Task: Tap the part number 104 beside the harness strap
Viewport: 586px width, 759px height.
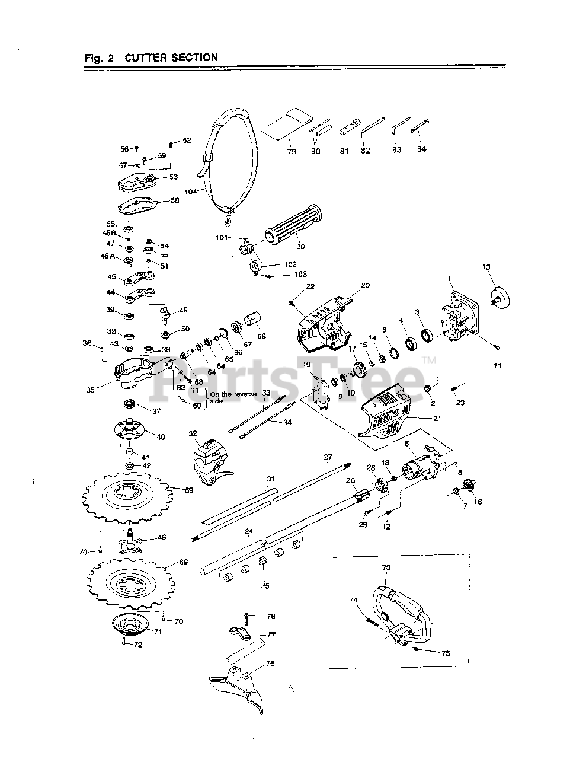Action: click(x=190, y=192)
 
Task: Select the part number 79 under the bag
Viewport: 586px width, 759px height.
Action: click(x=291, y=151)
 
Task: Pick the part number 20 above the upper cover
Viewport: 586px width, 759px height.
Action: click(x=365, y=285)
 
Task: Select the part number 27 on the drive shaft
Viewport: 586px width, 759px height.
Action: click(x=328, y=457)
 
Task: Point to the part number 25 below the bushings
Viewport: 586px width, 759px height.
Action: click(x=265, y=585)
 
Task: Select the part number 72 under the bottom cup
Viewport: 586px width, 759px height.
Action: click(x=137, y=645)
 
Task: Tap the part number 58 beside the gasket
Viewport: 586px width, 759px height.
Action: click(x=174, y=200)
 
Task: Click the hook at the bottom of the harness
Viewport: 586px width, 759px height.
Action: click(x=228, y=221)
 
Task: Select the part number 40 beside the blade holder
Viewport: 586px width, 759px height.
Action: click(x=161, y=436)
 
